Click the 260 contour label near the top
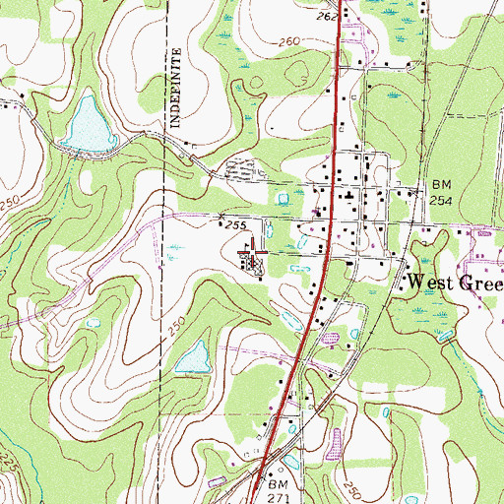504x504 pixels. click(288, 41)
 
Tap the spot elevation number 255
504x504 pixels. click(233, 225)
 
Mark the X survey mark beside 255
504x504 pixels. click(220, 217)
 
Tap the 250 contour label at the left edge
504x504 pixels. click(11, 202)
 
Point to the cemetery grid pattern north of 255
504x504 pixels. click(240, 169)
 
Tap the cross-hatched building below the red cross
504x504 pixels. click(255, 263)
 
